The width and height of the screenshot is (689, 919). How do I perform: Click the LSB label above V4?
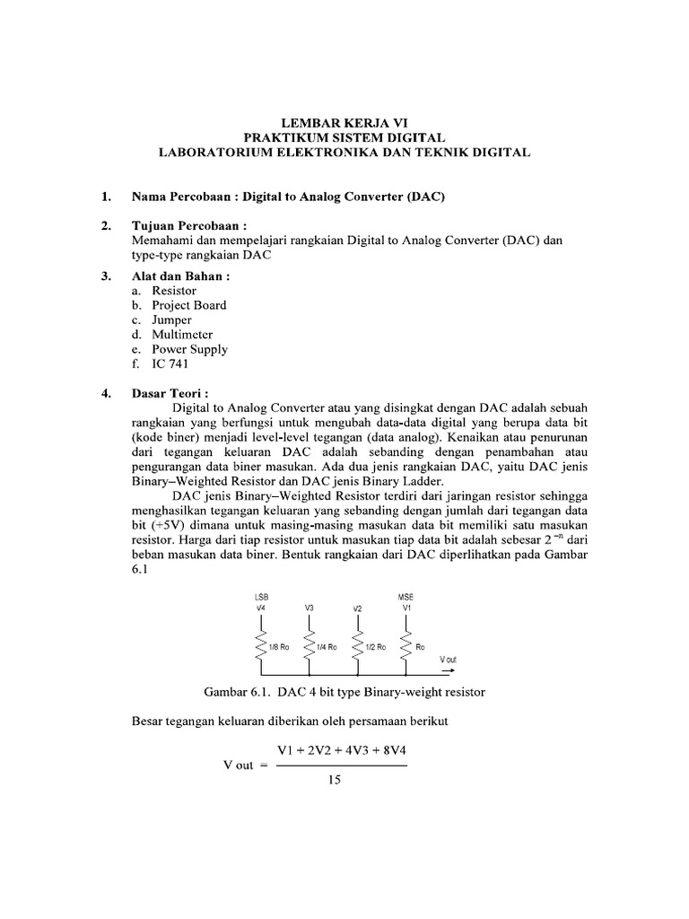261,596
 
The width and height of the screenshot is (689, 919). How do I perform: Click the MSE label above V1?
406,596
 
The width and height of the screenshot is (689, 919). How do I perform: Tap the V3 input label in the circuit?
309,608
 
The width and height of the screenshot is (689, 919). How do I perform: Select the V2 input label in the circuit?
356,608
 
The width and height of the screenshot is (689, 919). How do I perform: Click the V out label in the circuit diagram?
448,659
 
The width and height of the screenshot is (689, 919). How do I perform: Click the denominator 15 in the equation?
335,781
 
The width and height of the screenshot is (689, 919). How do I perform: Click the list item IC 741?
170,363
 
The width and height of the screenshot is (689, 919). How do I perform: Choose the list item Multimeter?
182,335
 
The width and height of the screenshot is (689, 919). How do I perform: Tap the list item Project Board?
188,305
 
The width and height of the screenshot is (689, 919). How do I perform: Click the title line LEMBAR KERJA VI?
344,122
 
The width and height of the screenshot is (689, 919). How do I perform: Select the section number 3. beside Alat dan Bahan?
106,276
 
